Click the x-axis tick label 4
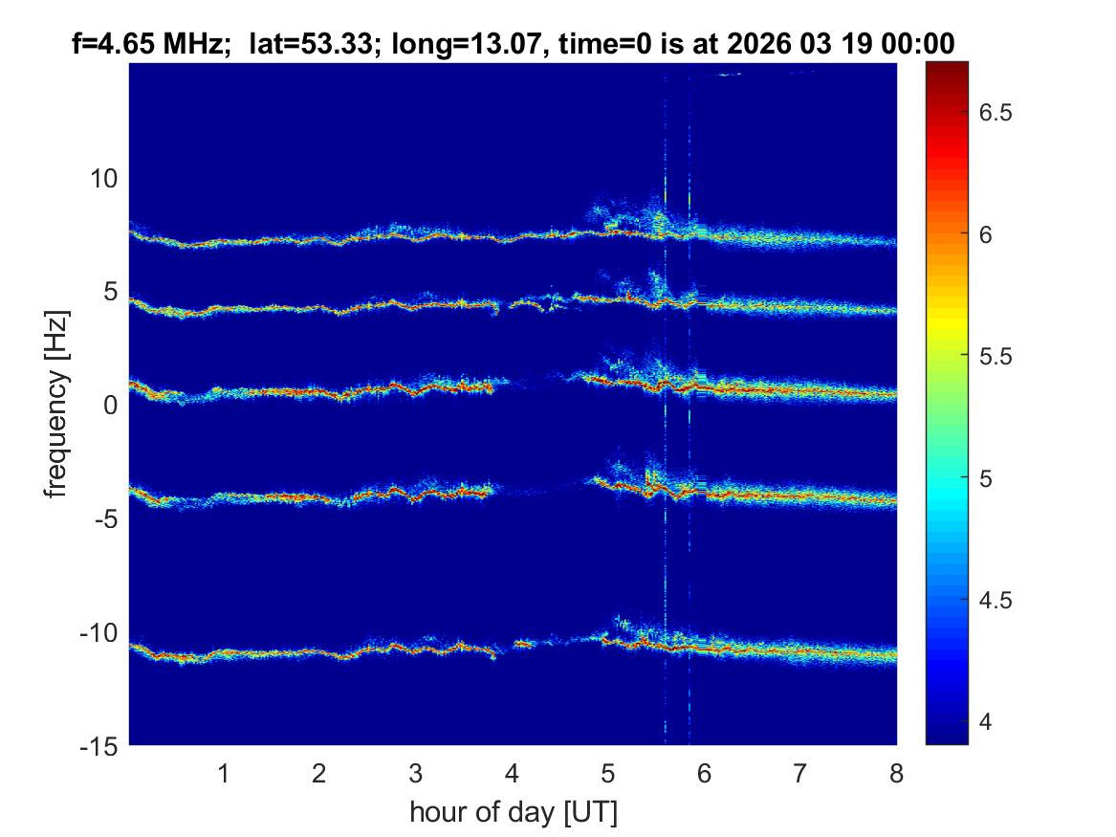coord(512,773)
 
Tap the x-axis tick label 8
coord(896,773)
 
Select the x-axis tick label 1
coord(224,773)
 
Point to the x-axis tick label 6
coord(704,773)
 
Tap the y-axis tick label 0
coord(111,406)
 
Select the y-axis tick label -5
coord(104,518)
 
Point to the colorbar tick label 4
coord(986,722)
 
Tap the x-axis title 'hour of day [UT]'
coord(513,812)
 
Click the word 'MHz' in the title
coord(198,44)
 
